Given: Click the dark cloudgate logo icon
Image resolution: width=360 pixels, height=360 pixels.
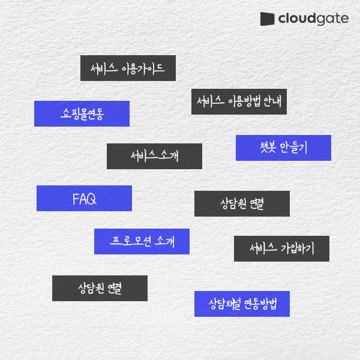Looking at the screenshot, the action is click(x=267, y=19).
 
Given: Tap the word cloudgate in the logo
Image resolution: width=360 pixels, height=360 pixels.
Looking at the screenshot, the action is click(x=313, y=19).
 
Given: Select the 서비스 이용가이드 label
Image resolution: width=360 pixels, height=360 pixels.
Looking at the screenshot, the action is click(x=128, y=68).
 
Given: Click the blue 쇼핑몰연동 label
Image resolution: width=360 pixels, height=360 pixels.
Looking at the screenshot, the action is click(x=82, y=113).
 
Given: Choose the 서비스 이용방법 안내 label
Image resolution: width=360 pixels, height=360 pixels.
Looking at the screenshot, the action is click(x=239, y=101).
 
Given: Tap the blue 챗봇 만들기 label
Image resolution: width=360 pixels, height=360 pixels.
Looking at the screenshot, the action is click(x=283, y=148).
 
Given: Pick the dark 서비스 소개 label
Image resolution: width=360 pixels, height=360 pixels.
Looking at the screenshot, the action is click(x=155, y=157).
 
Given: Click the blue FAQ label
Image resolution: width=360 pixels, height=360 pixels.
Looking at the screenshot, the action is click(x=84, y=198).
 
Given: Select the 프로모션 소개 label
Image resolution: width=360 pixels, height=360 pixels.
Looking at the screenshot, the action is click(x=142, y=241).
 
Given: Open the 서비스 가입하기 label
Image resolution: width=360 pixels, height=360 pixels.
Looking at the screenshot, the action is click(x=281, y=248).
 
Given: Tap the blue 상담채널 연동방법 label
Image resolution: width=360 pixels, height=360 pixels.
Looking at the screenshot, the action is click(x=242, y=304).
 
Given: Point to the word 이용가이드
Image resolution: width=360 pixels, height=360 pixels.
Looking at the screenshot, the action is click(x=143, y=68).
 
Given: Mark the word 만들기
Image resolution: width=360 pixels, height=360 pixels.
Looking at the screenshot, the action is click(x=293, y=148).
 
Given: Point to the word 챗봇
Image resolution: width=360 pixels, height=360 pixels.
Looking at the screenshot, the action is click(x=268, y=148).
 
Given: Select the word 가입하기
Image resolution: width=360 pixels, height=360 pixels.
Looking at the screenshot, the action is click(x=298, y=248).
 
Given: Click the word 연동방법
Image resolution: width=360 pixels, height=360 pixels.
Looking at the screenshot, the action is click(x=260, y=304).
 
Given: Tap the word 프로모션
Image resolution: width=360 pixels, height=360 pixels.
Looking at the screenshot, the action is click(x=130, y=241).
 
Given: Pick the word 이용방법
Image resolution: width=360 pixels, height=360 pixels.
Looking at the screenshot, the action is click(x=244, y=101).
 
